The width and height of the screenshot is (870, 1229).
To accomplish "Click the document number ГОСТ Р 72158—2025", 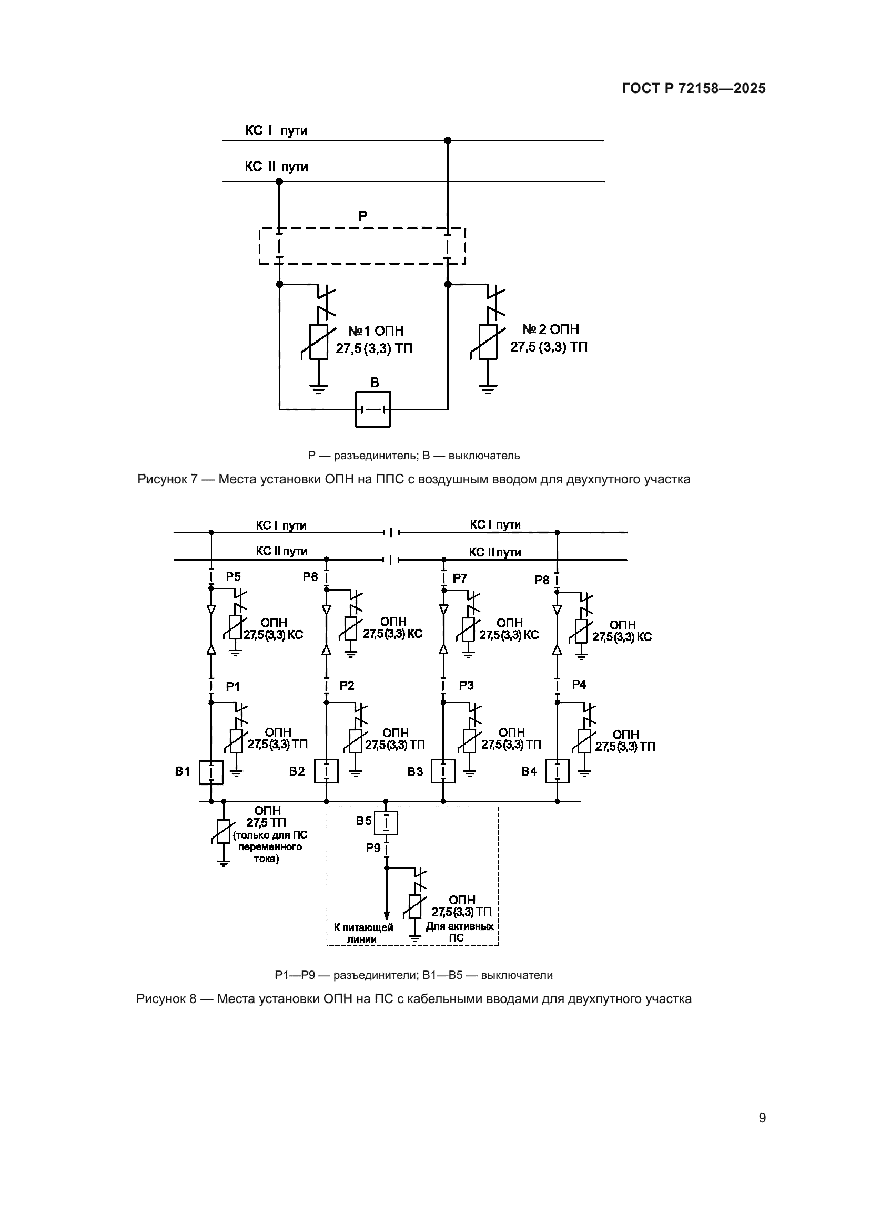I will point(694,89).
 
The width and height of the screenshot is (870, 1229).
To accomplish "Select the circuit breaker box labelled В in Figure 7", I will point(373,409).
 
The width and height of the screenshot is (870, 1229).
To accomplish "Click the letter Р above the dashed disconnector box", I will point(363,216).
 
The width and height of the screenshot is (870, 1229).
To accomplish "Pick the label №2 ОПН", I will point(550,330).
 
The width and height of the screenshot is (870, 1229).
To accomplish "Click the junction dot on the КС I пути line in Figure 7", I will point(447,141).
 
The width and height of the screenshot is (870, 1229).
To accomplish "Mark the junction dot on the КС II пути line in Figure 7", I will point(279,181).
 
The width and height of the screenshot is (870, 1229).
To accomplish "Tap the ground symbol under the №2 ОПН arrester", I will point(488,390).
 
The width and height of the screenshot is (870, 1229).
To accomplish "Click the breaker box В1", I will point(211,772).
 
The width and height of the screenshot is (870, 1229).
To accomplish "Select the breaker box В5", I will point(386,823).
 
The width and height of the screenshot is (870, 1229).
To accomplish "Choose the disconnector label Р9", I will point(373,849).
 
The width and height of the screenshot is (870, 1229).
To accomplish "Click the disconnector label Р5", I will point(233,577).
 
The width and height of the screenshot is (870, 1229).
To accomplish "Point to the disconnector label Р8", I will point(542,580).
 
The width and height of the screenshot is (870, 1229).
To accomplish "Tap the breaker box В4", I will point(557,772).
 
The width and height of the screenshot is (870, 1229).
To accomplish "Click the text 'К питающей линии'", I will point(363,933).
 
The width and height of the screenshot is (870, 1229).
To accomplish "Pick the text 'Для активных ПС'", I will point(460,932).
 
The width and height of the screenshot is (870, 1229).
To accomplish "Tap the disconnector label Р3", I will point(466,686).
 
